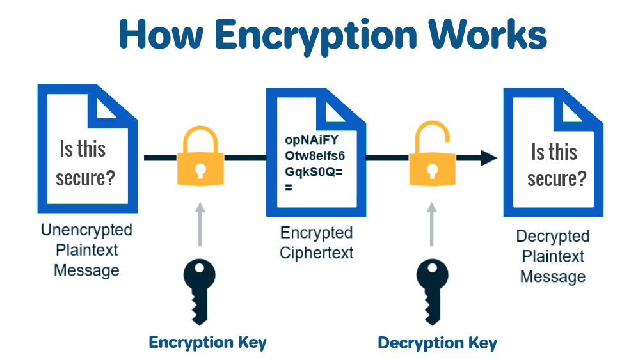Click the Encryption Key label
point(207,342)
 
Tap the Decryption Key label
point(437,343)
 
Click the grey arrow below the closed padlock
point(200,224)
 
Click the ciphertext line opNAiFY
point(310,139)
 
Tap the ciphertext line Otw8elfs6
point(315,155)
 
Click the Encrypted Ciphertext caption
point(316,242)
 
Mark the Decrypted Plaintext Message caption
point(552,256)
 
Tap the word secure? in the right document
point(556,178)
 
